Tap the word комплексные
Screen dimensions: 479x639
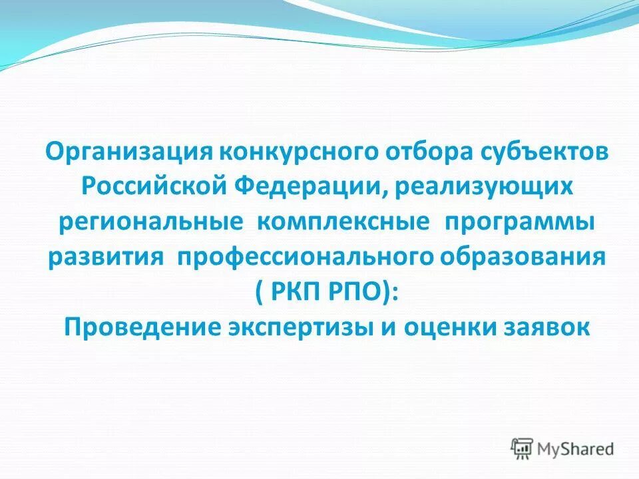coord(343,222)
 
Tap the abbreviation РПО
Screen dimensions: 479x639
coord(353,292)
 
